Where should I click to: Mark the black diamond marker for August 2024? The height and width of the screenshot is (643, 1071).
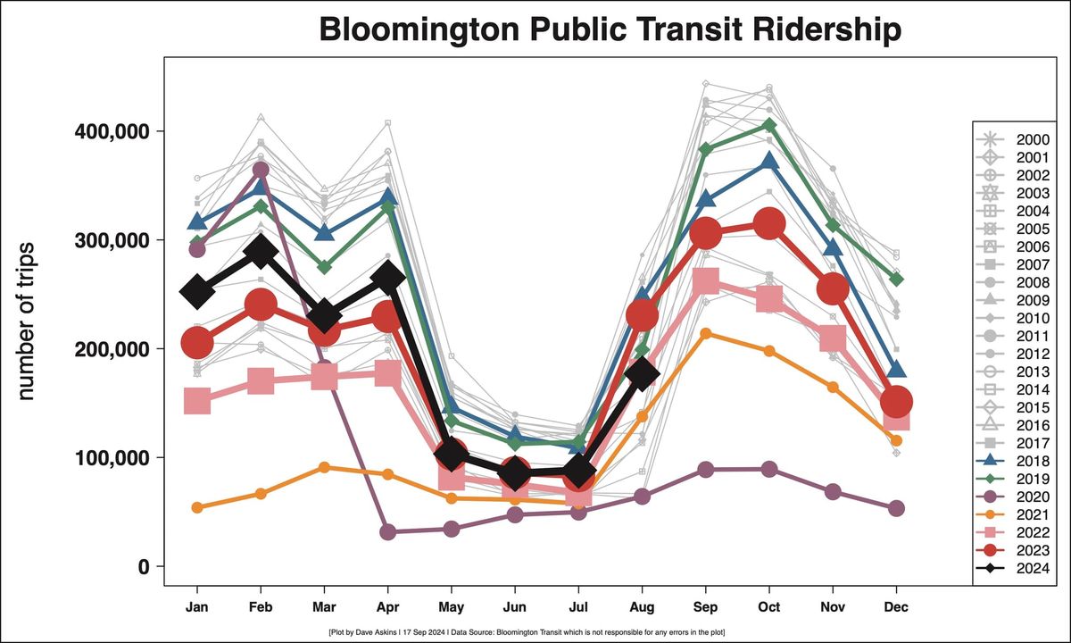642,374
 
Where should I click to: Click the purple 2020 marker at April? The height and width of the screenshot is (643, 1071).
387,532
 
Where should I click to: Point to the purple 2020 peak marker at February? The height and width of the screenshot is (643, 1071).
261,170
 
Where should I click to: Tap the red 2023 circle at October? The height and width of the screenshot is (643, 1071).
769,224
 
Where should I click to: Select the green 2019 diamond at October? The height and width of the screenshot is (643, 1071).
769,125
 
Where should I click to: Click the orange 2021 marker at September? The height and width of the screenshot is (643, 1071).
706,333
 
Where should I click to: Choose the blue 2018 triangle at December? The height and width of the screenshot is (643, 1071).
897,369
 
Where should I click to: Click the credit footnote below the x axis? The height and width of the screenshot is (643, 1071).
527,631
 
